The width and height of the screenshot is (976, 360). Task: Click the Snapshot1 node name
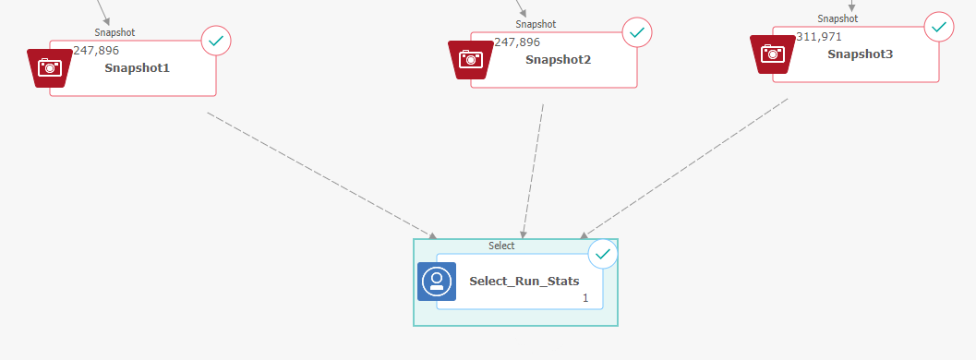(x=137, y=68)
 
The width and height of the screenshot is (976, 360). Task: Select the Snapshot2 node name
(x=558, y=60)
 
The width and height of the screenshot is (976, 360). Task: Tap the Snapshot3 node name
(x=860, y=54)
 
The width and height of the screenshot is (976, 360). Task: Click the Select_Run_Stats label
(x=524, y=282)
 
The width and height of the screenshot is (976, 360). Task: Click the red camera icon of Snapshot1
(x=50, y=67)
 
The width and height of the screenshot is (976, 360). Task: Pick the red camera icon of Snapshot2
(x=471, y=59)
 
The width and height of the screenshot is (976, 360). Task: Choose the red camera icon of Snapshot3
(x=773, y=54)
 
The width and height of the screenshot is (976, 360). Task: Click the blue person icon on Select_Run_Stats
(x=437, y=282)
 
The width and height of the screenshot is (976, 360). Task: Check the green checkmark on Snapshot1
(x=216, y=41)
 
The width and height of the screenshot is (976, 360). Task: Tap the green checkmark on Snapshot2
(x=637, y=32)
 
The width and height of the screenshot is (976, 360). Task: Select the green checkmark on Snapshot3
(x=939, y=27)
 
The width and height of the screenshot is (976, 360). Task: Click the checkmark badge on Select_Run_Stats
(x=603, y=253)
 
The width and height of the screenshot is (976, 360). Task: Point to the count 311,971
(x=819, y=36)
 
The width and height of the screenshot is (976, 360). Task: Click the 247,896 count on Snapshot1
(x=96, y=51)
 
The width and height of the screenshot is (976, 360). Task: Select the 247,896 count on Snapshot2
(x=517, y=42)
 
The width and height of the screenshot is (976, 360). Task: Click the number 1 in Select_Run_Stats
(x=584, y=298)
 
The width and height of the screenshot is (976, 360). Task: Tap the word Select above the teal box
(x=501, y=246)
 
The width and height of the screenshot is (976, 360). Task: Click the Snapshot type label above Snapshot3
(x=837, y=18)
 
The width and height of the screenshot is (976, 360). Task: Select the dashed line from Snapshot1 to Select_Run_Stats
(x=319, y=173)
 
